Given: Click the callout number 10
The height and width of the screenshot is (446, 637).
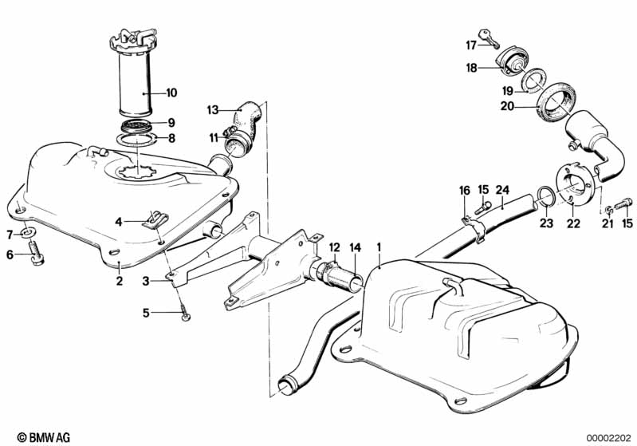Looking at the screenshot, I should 171,93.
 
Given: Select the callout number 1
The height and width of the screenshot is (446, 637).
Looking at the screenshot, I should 379,247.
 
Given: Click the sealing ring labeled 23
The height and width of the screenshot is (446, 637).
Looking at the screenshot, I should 544,196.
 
